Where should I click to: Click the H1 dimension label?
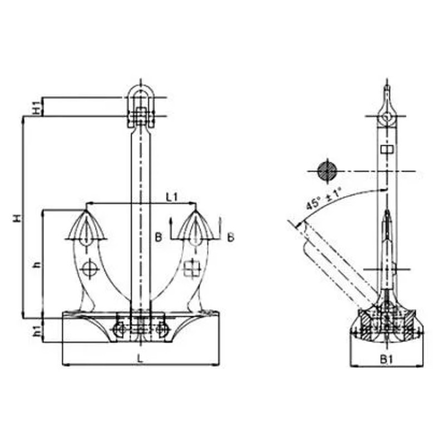34,107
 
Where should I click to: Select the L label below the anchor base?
140,359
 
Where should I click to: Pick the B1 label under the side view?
387,360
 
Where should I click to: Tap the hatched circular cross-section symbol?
327,171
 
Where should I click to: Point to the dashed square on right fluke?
191,269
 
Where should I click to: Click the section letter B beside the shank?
159,238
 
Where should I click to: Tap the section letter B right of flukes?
230,237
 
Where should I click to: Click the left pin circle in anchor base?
118,329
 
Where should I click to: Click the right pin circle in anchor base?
162,329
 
